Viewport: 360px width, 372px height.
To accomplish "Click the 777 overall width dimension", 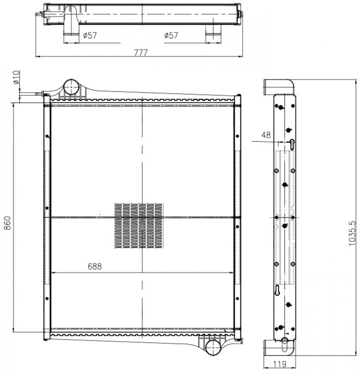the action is point(141,52).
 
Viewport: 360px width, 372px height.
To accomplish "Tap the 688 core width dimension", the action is point(95,266).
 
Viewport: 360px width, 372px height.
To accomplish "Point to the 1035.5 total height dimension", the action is point(352,233).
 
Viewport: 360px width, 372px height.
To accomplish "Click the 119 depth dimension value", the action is point(280,364).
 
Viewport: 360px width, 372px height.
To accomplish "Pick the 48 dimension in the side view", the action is point(266,135).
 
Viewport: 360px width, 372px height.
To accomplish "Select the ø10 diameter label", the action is point(16,77).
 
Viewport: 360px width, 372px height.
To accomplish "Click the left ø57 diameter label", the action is point(90,36).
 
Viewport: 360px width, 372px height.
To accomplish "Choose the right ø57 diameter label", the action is point(171,36).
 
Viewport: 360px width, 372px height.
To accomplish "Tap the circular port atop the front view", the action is point(71,87).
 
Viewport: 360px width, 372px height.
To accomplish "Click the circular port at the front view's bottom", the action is point(213,347).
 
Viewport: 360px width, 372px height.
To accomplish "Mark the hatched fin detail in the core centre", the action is point(139,226).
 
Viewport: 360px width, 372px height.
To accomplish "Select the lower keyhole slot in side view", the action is point(277,290).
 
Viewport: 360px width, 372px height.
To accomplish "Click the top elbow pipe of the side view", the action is point(279,87).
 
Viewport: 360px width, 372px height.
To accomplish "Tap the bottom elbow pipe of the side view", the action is point(279,347).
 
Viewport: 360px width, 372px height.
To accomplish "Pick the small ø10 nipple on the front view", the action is point(40,93).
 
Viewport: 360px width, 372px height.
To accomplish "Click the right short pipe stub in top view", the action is point(213,30).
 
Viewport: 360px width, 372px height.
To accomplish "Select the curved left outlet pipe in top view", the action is point(71,21).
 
